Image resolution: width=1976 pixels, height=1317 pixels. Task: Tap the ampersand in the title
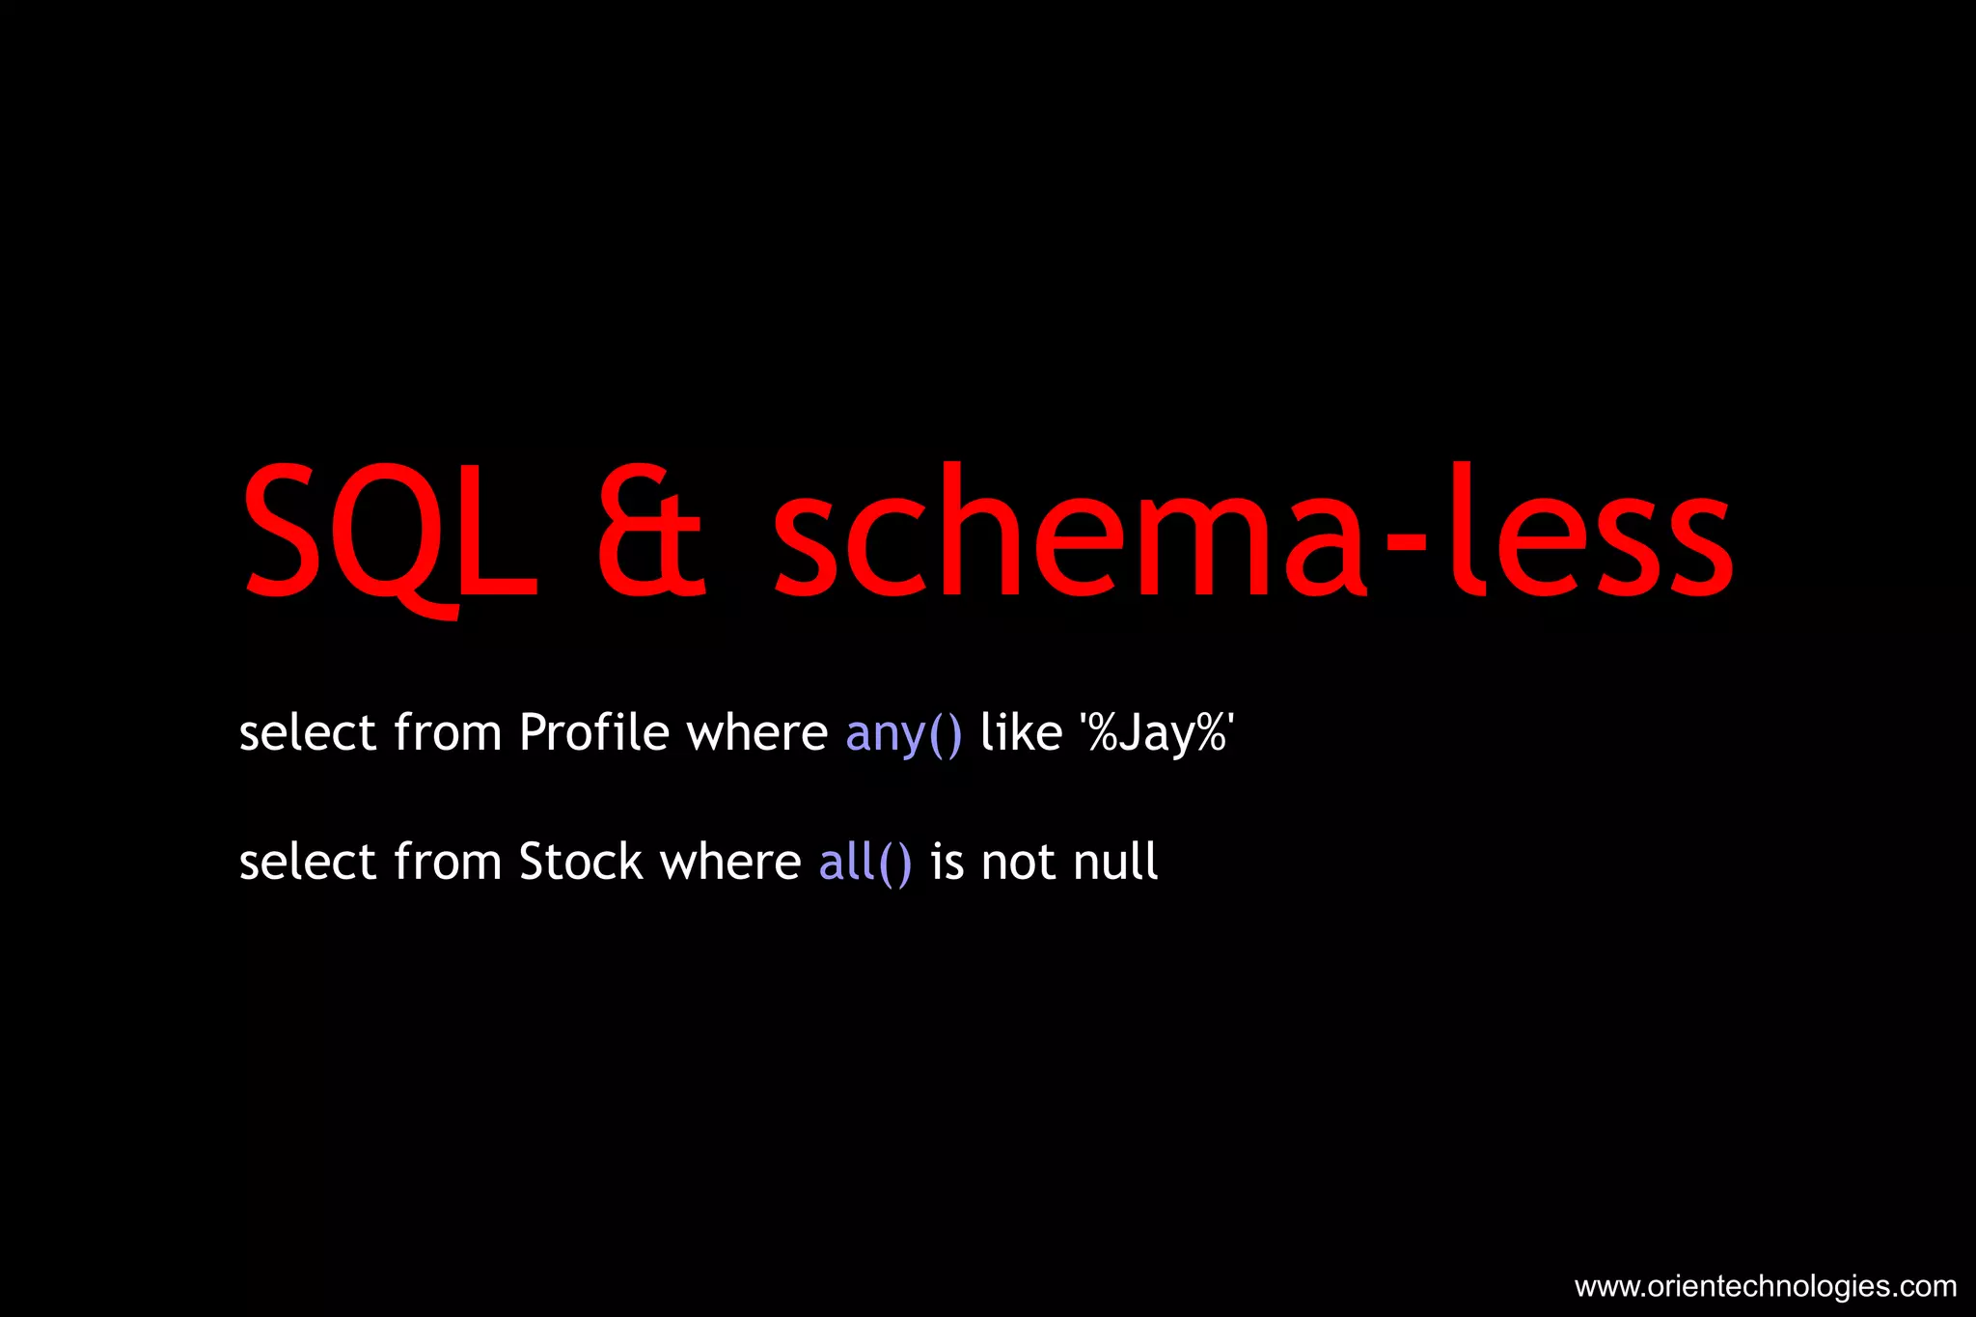coord(650,532)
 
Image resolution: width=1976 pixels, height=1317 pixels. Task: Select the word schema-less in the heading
coord(1253,532)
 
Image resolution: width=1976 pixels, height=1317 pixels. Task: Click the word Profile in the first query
coord(593,732)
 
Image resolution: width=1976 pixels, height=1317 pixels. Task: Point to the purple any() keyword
coord(904,734)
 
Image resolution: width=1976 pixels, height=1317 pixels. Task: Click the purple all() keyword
coord(865,862)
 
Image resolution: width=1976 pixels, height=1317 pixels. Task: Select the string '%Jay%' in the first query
coord(1157,734)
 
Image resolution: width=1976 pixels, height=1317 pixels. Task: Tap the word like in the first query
coord(1021,732)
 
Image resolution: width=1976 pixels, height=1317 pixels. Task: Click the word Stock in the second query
coord(580,861)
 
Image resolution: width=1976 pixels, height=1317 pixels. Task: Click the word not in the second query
coord(1019,863)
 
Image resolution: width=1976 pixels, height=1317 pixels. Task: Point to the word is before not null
coord(947,862)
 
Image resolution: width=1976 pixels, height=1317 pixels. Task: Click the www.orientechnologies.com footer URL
coord(1765,1286)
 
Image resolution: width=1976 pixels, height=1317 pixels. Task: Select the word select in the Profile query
coord(307,732)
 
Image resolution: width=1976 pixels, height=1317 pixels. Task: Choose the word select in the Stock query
coord(307,861)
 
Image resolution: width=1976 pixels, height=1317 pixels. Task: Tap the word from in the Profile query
coord(448,732)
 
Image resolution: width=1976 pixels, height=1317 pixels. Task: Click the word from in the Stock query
coord(448,861)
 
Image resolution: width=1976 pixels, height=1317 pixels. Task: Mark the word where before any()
coord(756,732)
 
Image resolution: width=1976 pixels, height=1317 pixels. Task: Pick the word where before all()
coord(729,861)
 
